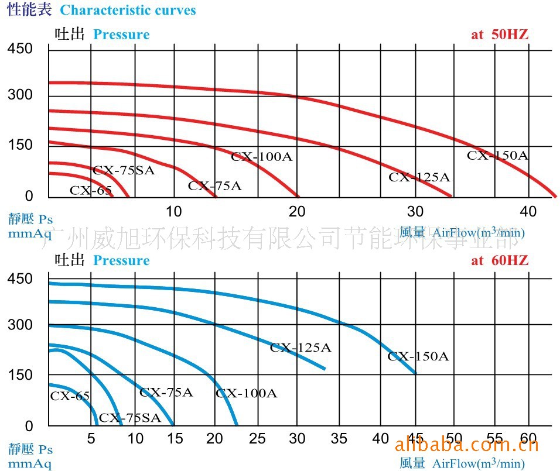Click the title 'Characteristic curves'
[x=128, y=11]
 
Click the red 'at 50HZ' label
[x=500, y=35]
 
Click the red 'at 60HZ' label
[x=500, y=260]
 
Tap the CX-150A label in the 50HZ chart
[x=497, y=156]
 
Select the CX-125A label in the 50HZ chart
[x=419, y=177]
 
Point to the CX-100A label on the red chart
[x=261, y=156]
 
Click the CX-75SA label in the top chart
[x=124, y=170]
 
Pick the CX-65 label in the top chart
[x=90, y=190]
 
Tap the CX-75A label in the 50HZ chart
[x=214, y=186]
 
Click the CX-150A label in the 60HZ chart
[x=418, y=356]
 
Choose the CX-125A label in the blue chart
[x=300, y=348]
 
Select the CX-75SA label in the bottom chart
[x=129, y=418]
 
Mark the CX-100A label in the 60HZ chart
[x=246, y=393]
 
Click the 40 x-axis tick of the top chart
[x=528, y=211]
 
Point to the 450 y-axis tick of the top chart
[x=20, y=49]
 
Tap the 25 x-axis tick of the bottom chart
[x=257, y=438]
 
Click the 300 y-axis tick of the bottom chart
[x=20, y=325]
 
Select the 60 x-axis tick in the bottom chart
[x=528, y=438]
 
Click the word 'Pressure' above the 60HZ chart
[x=121, y=260]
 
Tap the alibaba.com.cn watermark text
[x=467, y=446]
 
